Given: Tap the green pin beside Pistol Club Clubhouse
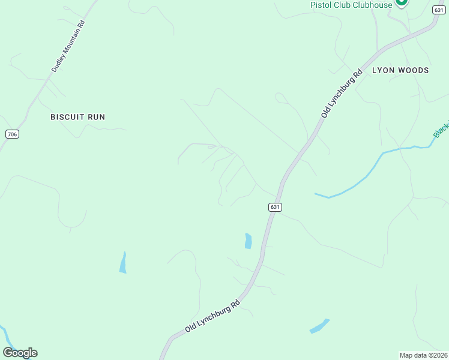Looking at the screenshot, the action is coord(402,2).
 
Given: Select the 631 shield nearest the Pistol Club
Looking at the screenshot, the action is coord(438,10).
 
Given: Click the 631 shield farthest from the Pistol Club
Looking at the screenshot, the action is coord(274,207).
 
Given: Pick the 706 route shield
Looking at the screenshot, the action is coord(12,134).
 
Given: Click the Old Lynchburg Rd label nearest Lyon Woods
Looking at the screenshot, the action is coord(342,94).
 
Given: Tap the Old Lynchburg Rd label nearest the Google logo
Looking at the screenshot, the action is coord(212,317).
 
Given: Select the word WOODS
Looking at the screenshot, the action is coord(415,70).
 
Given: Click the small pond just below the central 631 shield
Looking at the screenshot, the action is coord(248,241).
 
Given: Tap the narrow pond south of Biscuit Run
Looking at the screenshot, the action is coord(123,263).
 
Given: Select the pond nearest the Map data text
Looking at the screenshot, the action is coord(319,326).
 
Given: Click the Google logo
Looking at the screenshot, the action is coord(20,353).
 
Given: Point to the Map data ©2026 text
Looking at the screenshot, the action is coord(424,355).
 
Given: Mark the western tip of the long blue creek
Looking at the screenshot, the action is coord(316,194).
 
